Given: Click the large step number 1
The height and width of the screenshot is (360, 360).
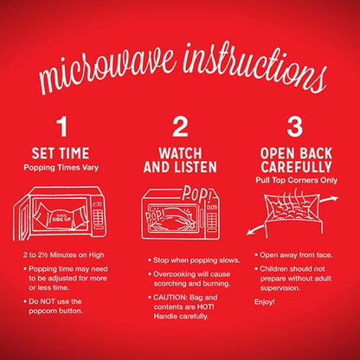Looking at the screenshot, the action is pyautogui.click(x=62, y=126).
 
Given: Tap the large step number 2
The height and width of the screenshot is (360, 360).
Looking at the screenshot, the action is pyautogui.click(x=180, y=126).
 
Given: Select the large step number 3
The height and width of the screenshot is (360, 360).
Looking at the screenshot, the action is pyautogui.click(x=295, y=126).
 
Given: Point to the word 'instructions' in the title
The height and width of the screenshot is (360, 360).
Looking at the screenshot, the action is pyautogui.click(x=255, y=67).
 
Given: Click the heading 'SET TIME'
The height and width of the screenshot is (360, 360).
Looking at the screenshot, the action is pyautogui.click(x=61, y=153).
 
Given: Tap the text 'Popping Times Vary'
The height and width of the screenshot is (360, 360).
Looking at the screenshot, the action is pyautogui.click(x=61, y=168).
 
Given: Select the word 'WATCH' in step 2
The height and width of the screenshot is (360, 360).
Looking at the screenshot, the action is pyautogui.click(x=180, y=153).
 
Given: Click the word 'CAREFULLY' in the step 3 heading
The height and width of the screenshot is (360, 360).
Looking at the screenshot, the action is pyautogui.click(x=297, y=167).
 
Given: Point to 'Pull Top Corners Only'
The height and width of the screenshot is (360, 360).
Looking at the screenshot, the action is pyautogui.click(x=296, y=180).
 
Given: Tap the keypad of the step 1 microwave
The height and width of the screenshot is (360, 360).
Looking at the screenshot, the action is pyautogui.click(x=98, y=218).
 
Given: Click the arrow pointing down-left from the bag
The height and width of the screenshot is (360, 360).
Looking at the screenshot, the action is pyautogui.click(x=255, y=230).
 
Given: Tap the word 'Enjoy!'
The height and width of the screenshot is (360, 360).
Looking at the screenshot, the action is pyautogui.click(x=265, y=302).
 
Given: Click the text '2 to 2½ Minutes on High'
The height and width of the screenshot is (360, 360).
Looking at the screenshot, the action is pyautogui.click(x=64, y=255).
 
